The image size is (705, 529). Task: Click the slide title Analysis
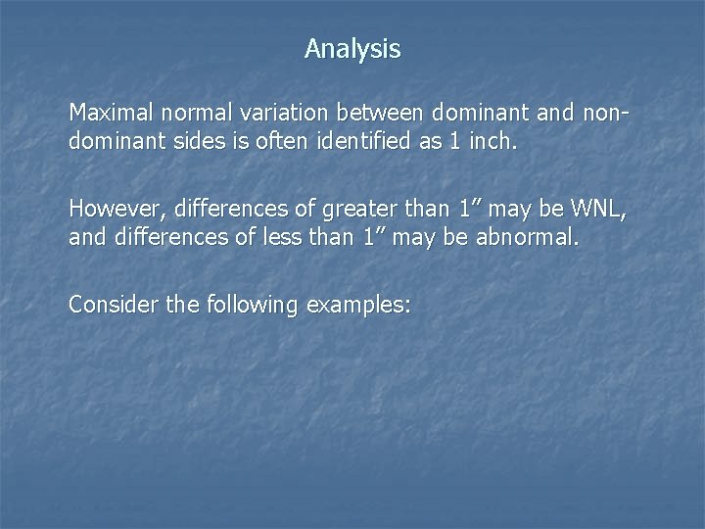click(352, 49)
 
